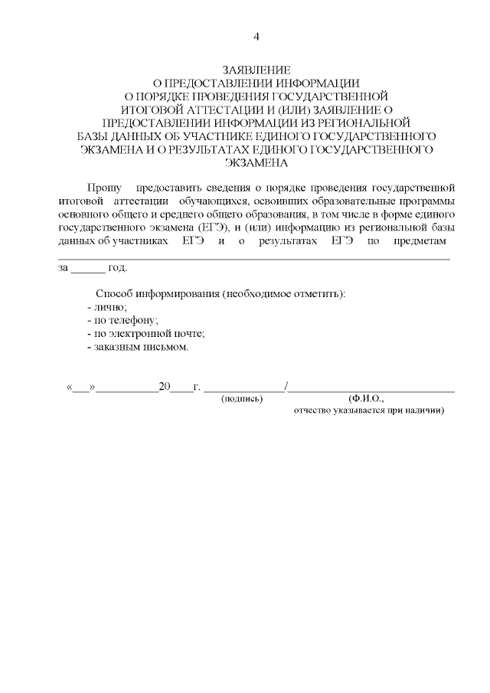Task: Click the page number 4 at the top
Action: tap(257, 37)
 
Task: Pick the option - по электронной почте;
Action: tap(145, 334)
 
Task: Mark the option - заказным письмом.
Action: tap(137, 347)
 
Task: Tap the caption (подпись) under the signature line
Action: tap(241, 399)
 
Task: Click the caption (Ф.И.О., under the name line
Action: tap(365, 399)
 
